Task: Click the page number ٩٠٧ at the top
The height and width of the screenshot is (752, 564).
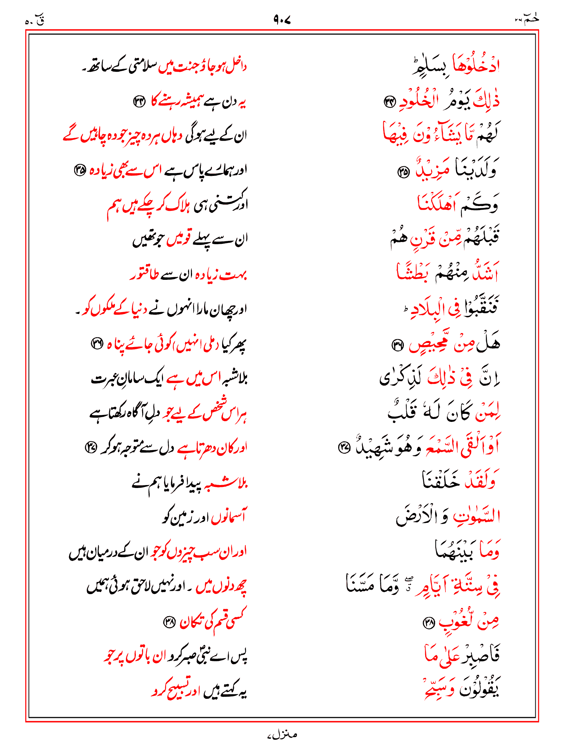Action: (x=282, y=19)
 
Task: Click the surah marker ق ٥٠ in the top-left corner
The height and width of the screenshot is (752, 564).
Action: (x=35, y=21)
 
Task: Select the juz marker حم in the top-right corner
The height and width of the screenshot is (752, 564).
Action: (x=527, y=18)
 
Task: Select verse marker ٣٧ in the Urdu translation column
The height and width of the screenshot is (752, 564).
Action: (x=90, y=448)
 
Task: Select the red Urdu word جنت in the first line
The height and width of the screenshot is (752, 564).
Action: (x=173, y=67)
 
